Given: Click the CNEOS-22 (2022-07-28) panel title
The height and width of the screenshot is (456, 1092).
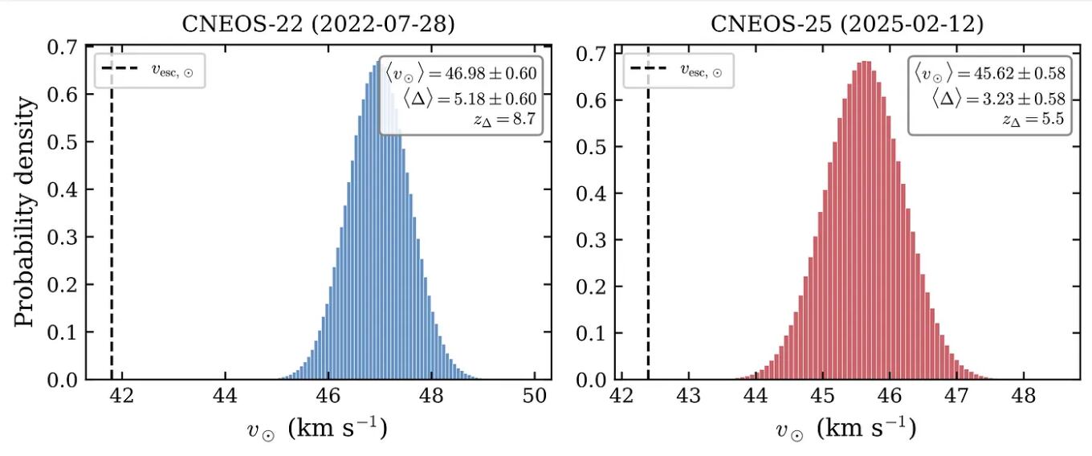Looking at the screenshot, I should coord(318,23).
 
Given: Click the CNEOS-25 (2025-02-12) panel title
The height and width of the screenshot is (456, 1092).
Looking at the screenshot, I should coord(847,23).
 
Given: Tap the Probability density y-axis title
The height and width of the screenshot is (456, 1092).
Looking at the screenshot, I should coord(26,212).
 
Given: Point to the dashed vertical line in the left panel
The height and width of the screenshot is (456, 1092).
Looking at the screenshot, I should coord(111,241).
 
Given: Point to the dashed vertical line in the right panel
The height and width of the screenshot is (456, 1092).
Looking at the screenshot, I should coord(647,241).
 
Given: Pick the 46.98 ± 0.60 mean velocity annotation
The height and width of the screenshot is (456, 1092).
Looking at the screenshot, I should coord(461,74).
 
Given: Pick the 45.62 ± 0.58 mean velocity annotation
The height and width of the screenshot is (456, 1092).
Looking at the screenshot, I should coord(990,74).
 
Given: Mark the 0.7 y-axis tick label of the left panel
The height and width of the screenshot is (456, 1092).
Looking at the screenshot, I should coord(63,47).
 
